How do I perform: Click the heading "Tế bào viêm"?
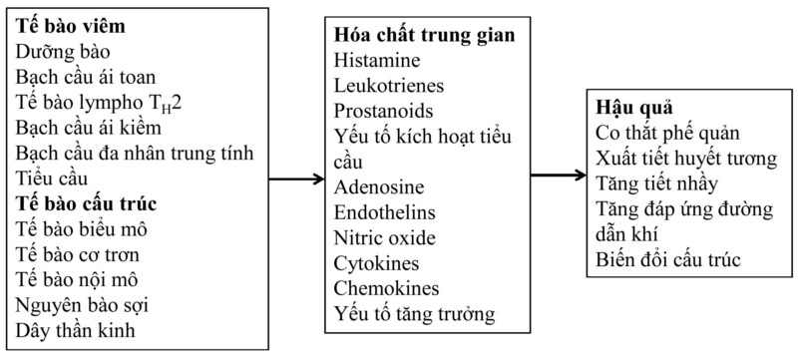(69, 24)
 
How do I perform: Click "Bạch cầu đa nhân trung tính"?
(135, 153)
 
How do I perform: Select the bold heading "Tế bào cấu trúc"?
(86, 204)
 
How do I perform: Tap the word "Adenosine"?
(380, 188)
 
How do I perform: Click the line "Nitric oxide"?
(385, 240)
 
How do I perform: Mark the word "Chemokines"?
(386, 291)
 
